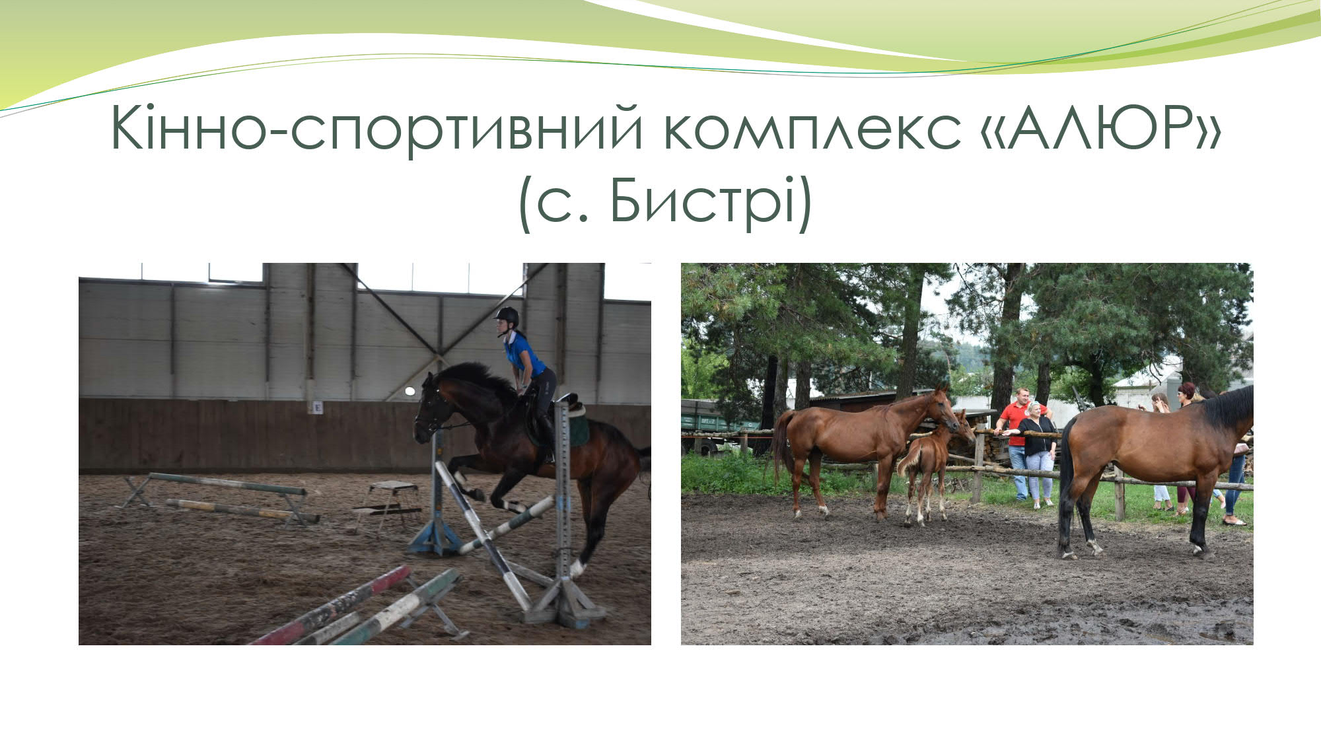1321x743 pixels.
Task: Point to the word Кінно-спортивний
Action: pyautogui.click(x=376, y=129)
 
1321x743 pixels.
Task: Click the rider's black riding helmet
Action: pyautogui.click(x=507, y=316)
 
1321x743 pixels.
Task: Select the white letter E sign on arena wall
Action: pyautogui.click(x=318, y=407)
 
